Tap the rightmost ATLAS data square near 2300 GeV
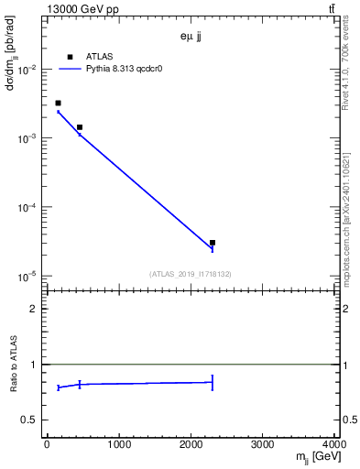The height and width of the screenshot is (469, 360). [213, 243]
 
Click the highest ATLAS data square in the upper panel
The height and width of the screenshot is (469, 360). [58, 103]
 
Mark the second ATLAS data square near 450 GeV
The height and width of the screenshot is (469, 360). [80, 127]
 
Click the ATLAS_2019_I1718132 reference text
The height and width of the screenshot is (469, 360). [191, 274]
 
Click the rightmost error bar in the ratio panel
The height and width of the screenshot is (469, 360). [213, 382]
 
